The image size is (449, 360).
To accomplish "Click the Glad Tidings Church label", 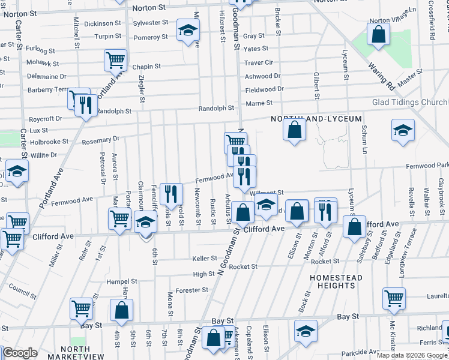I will click(x=410, y=103).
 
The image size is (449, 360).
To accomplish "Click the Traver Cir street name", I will click(x=259, y=62).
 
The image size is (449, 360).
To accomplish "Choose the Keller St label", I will click(x=204, y=259).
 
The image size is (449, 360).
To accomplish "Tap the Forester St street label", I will click(x=193, y=290).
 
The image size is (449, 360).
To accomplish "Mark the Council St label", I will click(x=23, y=292).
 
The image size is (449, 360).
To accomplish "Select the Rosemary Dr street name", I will click(x=97, y=140).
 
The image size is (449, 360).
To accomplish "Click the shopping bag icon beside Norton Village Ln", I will click(x=379, y=36).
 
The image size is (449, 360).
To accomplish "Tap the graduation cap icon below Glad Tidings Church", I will click(x=402, y=130).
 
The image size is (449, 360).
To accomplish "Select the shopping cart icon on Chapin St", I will click(x=115, y=60).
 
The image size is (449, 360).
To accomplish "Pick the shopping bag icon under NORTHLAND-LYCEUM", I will click(x=294, y=131).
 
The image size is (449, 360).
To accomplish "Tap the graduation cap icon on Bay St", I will click(x=306, y=331).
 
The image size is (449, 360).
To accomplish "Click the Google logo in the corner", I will click(x=20, y=353).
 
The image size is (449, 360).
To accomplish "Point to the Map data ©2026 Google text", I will click(x=412, y=355).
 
